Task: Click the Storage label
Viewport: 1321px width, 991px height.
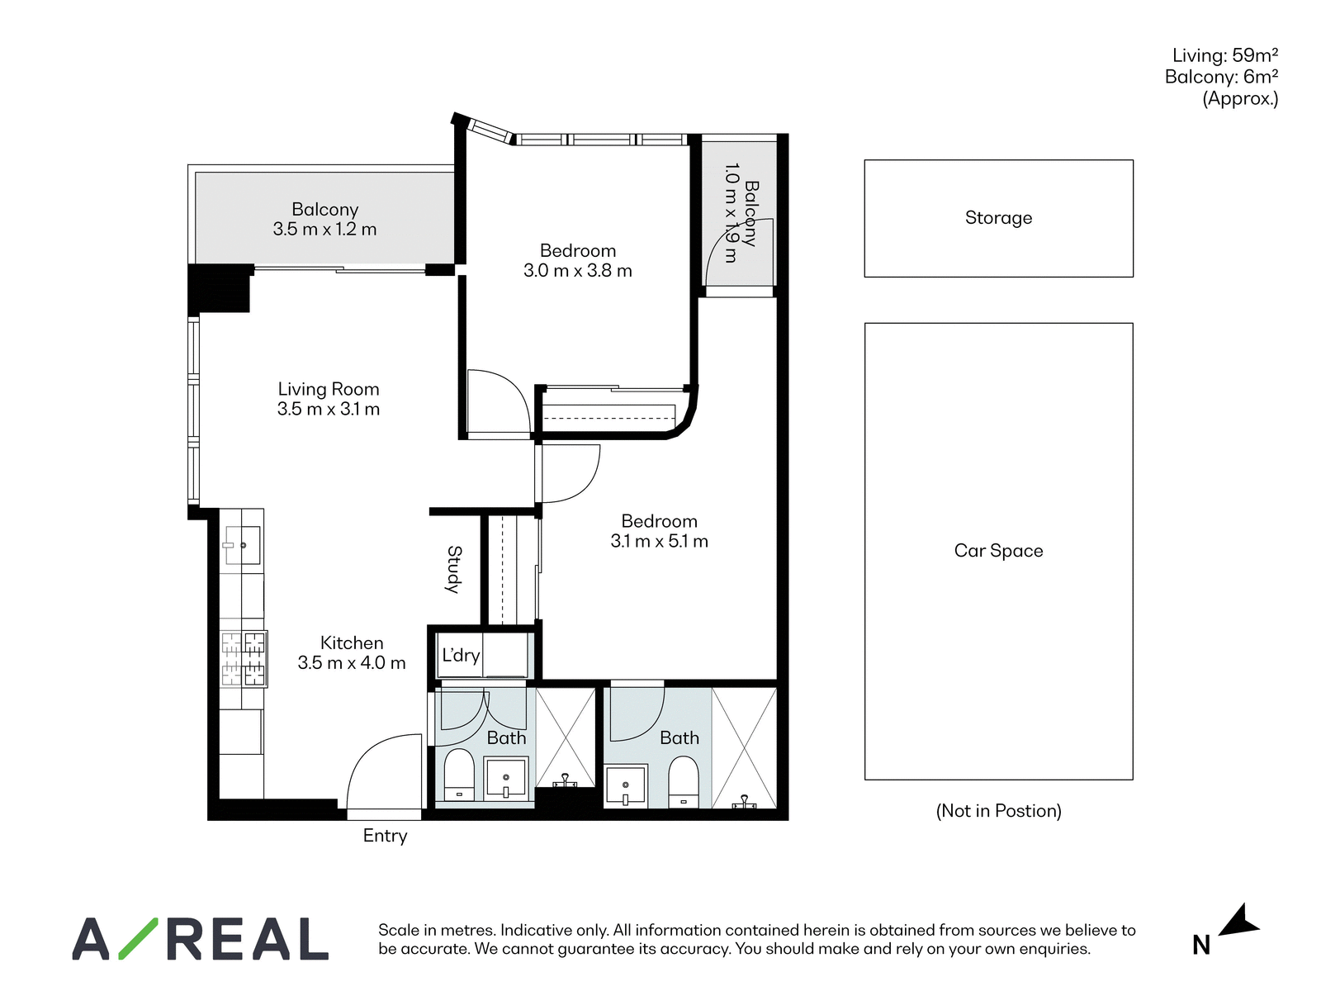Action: point(998,218)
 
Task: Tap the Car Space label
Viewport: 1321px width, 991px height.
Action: point(998,551)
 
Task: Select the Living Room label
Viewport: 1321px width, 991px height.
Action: point(329,389)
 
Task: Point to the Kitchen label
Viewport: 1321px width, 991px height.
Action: point(352,642)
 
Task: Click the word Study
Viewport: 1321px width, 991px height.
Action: point(454,569)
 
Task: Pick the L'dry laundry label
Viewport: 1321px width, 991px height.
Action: point(461,655)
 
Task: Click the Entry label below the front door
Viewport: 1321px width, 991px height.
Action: point(386,836)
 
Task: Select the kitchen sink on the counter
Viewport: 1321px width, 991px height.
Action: point(243,545)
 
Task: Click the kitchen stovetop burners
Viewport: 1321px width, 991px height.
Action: point(244,659)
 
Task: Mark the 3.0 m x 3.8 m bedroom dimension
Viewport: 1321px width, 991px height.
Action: point(578,271)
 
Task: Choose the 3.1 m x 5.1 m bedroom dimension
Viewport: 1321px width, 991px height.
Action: point(659,542)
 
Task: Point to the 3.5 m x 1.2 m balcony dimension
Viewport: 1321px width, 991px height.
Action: point(325,230)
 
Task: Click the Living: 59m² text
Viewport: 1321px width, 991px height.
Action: point(1225,55)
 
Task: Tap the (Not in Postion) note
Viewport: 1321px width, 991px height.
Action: point(998,811)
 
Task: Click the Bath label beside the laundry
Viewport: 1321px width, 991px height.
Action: point(506,737)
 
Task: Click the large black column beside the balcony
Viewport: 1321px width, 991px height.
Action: point(219,288)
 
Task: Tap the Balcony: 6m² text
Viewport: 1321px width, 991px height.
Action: point(1222,77)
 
